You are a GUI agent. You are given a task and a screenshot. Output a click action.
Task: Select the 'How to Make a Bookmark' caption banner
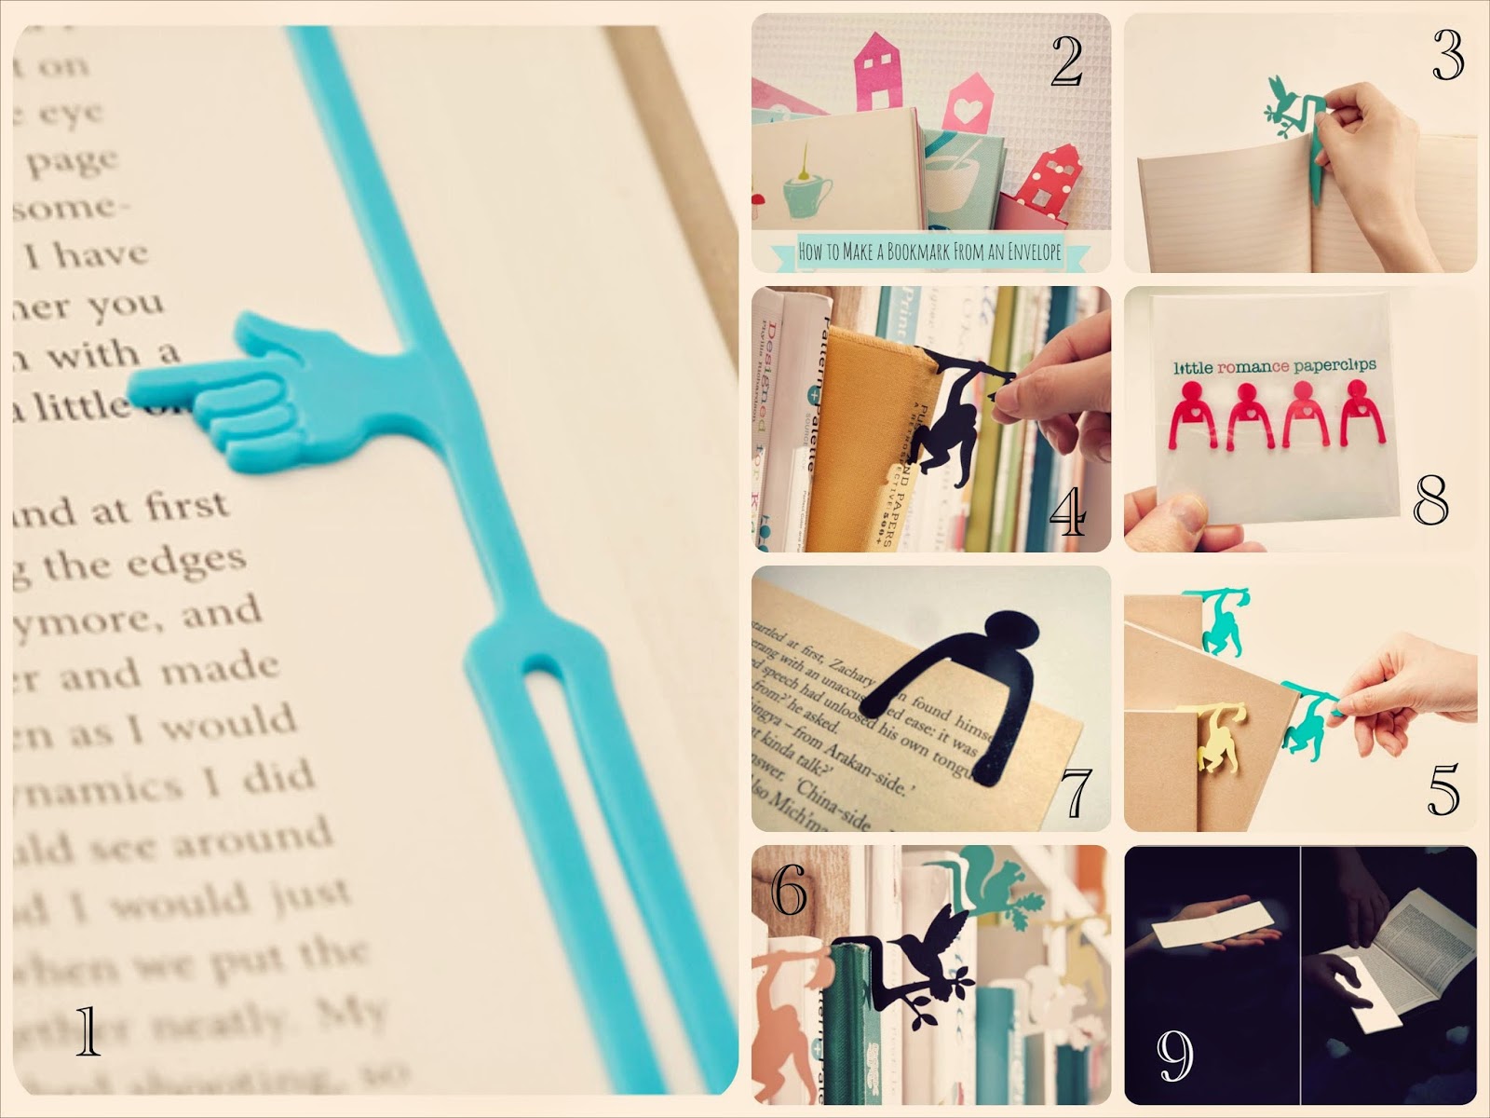point(931,252)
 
